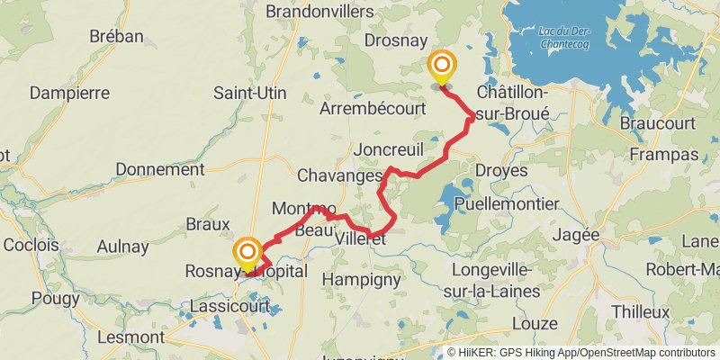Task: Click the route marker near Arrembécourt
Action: pos(442,67)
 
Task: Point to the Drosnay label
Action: pos(395,40)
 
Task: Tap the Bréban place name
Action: pos(116,36)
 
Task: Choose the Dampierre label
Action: pos(69,93)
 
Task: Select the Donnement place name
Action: pos(160,169)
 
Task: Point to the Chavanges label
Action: pos(339,175)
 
